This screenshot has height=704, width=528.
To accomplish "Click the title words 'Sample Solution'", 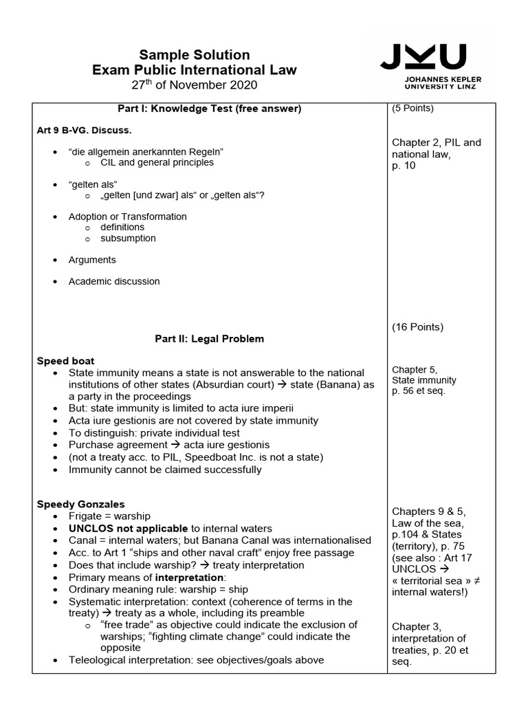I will [195, 55].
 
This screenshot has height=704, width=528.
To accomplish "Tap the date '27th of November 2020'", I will [195, 85].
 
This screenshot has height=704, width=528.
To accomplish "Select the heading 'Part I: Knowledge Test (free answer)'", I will [209, 109].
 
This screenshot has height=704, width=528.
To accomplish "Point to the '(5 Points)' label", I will [412, 109].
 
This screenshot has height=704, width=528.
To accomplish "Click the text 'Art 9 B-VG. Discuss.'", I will [83, 129].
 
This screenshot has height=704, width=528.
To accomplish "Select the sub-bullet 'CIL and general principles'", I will [157, 163].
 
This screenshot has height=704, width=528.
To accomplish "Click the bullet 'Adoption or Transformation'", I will [127, 217].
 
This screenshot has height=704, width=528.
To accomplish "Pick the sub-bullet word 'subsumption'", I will [128, 239].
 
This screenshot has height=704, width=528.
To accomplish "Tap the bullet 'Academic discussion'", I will [114, 281].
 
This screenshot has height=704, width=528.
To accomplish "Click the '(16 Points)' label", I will [417, 327].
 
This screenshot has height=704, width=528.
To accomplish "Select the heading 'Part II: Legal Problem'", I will [209, 339].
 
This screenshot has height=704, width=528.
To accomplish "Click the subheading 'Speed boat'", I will [65, 361].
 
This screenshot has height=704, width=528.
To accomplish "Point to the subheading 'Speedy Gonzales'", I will [80, 505].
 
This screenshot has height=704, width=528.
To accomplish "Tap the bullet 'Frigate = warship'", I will [109, 516].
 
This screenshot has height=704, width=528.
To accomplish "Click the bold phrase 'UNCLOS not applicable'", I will [128, 528].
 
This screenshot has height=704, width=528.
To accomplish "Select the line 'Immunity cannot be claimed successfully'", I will [165, 470].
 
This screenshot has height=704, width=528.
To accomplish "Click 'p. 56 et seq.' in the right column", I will [419, 391].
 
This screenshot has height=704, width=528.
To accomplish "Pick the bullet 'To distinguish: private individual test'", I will [154, 433].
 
